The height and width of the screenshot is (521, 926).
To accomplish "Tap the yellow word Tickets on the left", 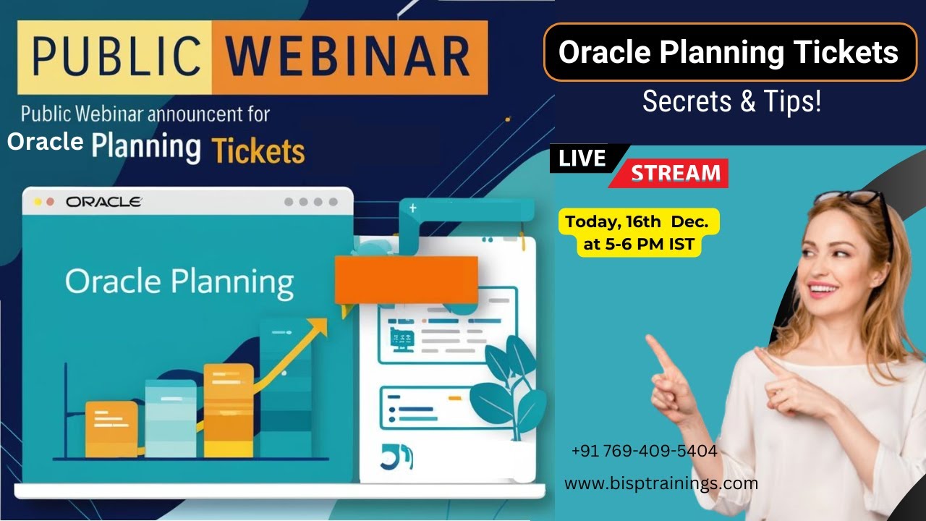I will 258,151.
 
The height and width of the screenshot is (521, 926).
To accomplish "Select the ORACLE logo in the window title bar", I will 104,202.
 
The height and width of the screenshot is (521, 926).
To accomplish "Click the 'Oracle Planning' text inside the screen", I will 179,281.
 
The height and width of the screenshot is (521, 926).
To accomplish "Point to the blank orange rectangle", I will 406,279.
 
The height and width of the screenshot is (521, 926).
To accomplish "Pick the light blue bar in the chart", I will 171,419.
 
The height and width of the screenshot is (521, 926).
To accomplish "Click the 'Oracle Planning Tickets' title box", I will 730,53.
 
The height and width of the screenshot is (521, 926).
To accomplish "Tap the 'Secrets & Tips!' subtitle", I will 731,102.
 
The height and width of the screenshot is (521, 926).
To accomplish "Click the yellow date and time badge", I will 639,232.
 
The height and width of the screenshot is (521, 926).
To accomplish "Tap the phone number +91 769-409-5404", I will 644,451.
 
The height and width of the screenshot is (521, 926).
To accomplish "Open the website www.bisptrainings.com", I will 660,483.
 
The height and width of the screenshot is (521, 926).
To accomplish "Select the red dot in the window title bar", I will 50,202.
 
